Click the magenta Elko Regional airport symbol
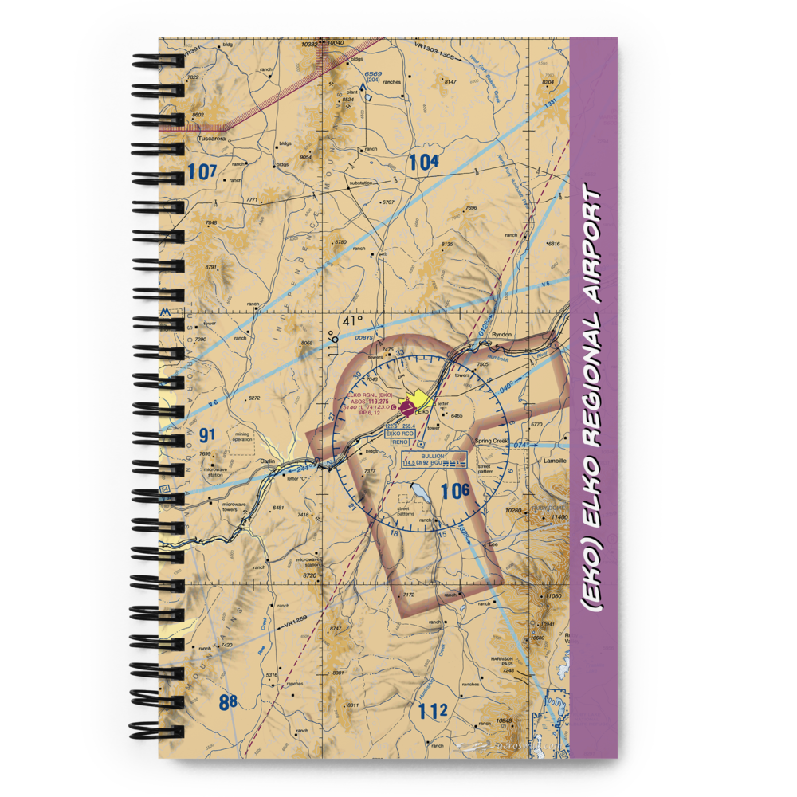tap(407, 408)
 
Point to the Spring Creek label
tap(491, 441)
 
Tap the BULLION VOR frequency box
tap(434, 461)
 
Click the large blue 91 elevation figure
tap(207, 435)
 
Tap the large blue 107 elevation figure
tap(203, 171)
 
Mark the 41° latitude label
tap(352, 320)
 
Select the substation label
tap(360, 183)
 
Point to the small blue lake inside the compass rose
tap(420, 497)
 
